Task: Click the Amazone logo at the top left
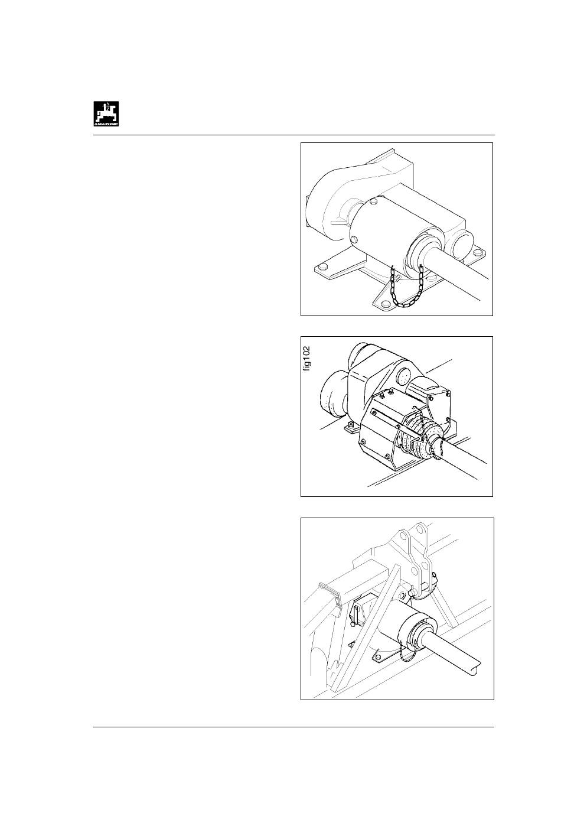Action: click(x=106, y=113)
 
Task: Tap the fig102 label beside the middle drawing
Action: click(x=307, y=359)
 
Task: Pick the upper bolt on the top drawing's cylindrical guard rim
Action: click(x=373, y=202)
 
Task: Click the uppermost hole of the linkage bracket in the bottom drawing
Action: click(x=420, y=530)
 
